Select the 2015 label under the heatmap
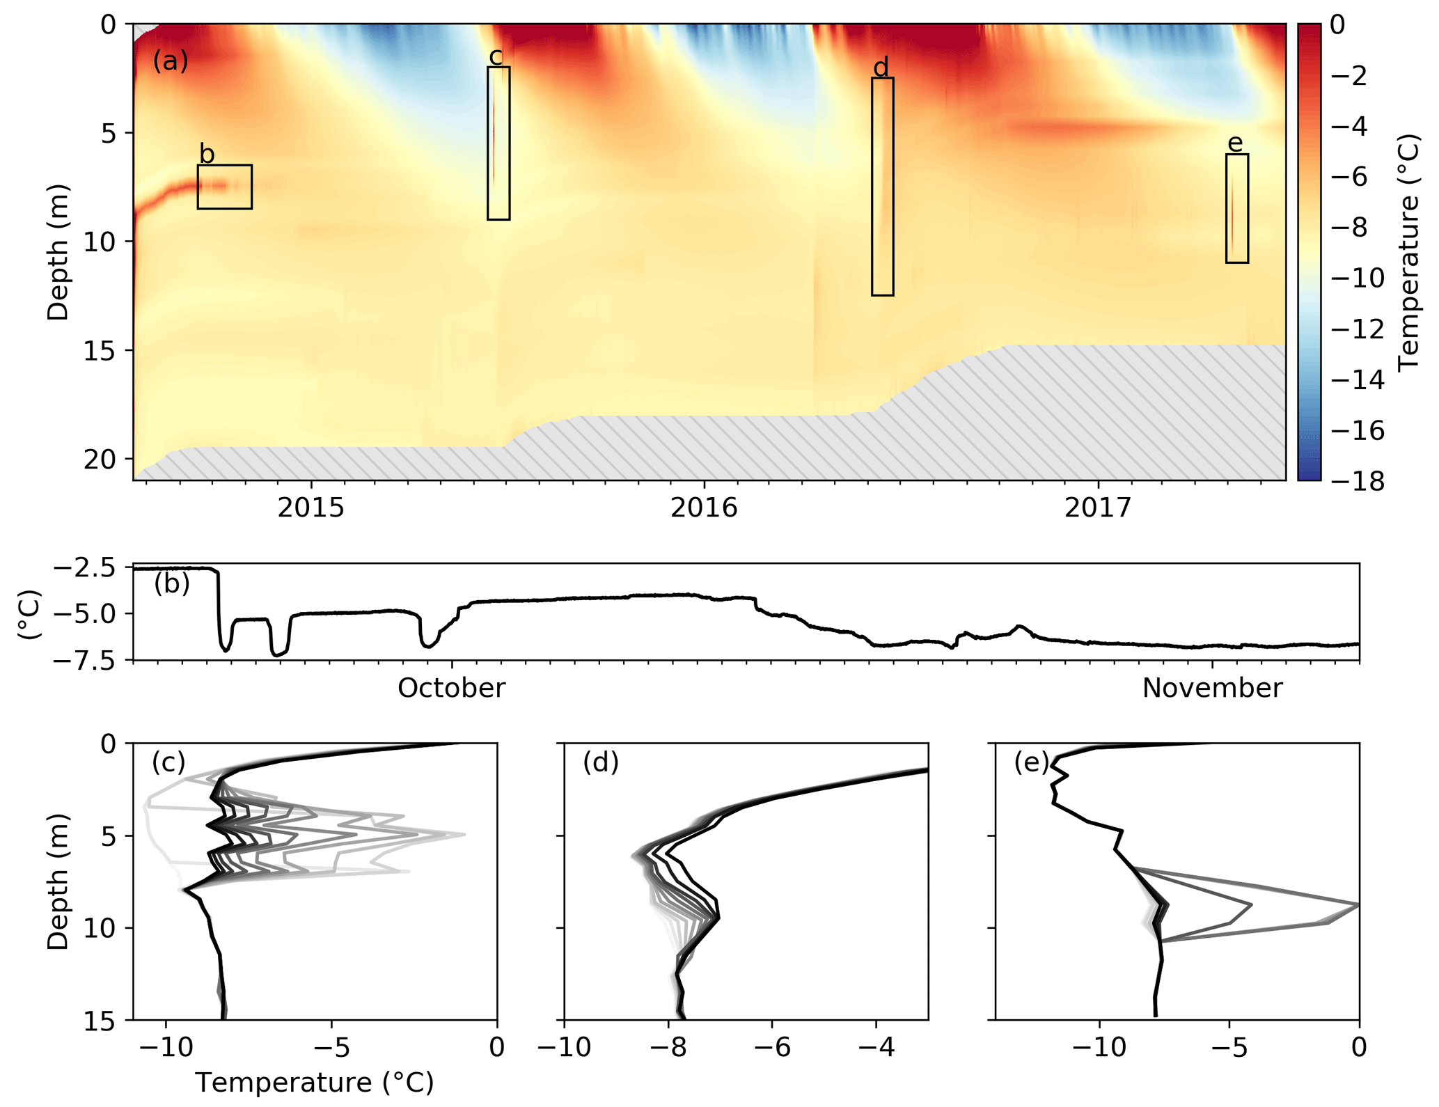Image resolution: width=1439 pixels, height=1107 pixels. (310, 508)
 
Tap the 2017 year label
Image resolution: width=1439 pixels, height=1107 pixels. (1098, 508)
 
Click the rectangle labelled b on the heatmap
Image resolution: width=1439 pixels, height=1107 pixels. (224, 187)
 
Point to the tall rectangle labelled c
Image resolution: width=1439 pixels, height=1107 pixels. (498, 143)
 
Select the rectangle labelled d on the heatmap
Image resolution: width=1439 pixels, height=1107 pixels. (882, 187)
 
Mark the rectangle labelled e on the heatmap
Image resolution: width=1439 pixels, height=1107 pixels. (1236, 208)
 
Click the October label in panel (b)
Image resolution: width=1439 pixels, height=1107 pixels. (451, 689)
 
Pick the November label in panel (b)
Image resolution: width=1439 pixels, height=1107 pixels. (1212, 689)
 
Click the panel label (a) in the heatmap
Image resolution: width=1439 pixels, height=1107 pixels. (171, 61)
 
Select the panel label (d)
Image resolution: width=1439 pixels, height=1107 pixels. (601, 763)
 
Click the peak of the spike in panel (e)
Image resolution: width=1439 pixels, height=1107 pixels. (1357, 904)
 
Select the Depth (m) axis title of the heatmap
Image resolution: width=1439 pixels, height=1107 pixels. (58, 252)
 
